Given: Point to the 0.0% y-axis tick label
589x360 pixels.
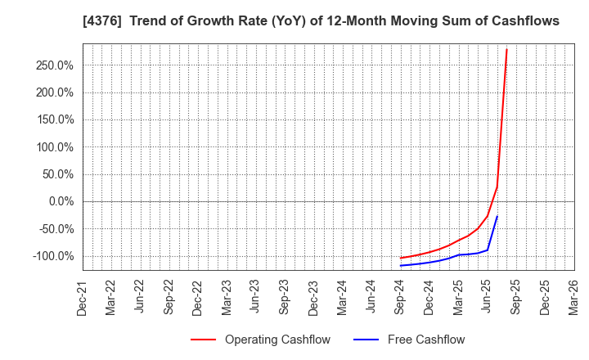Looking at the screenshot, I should [x=61, y=201].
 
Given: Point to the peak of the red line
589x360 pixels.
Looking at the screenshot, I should [x=506, y=49].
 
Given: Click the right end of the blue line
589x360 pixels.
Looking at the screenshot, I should [x=497, y=216].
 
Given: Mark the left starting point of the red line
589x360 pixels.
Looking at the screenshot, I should [x=400, y=258].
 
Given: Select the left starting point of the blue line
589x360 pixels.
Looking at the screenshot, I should [x=400, y=265].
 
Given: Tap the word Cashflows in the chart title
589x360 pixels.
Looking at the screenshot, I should [x=522, y=21].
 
